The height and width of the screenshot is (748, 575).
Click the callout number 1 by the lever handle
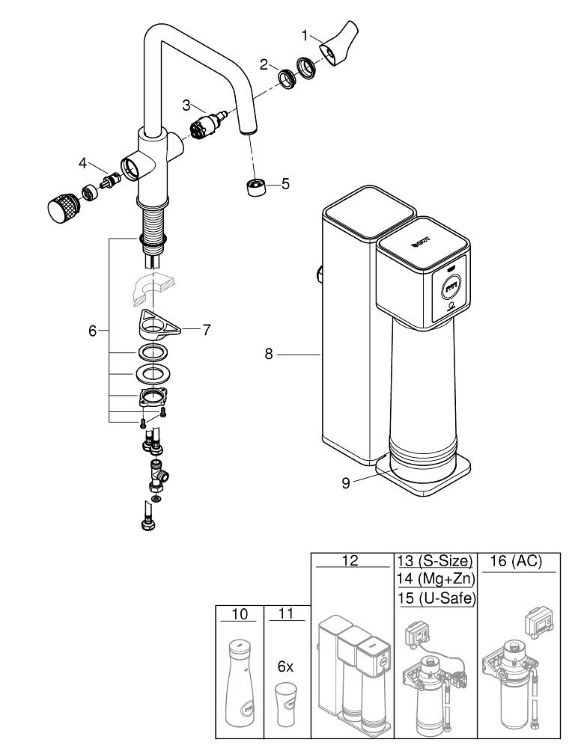point(305,35)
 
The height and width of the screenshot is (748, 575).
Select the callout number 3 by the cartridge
point(187,105)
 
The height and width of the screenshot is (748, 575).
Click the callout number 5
point(285,183)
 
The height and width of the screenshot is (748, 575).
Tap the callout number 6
point(93,330)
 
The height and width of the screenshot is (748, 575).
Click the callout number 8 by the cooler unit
point(270,355)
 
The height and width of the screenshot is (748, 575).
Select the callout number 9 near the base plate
point(346,482)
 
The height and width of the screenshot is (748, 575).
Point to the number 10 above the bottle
point(239,613)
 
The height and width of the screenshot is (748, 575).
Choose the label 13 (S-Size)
point(434,561)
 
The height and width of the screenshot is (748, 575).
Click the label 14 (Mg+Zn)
point(434,580)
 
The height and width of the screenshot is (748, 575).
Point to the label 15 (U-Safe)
point(434,598)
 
